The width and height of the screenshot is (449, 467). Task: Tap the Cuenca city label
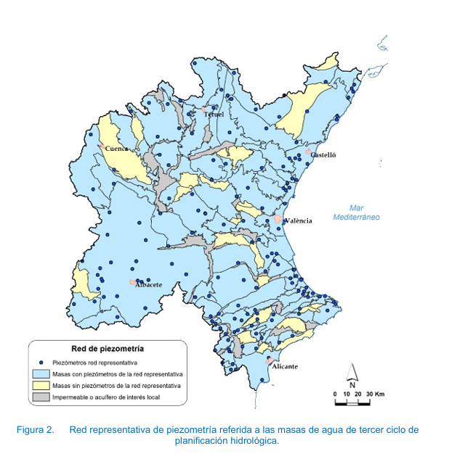click(117, 149)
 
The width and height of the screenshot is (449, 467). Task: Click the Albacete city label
click(148, 284)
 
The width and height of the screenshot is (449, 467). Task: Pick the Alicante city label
click(285, 367)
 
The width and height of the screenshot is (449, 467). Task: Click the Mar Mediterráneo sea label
click(356, 212)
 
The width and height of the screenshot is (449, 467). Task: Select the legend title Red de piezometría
click(107, 348)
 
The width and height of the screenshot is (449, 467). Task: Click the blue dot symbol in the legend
click(41, 362)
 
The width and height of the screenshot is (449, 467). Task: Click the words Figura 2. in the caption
click(36, 430)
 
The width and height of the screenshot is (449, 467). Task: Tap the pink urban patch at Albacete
click(132, 282)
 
